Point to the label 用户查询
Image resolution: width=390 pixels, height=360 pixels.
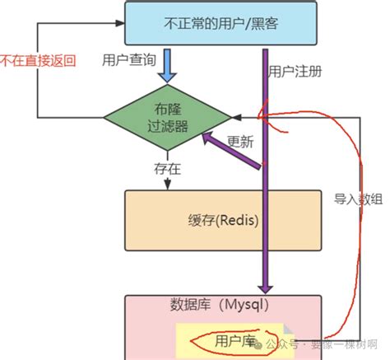click(128, 62)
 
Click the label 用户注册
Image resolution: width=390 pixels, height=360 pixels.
click(295, 71)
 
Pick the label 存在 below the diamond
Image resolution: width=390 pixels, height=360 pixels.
click(165, 169)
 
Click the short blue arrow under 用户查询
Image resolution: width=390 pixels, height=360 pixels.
click(167, 65)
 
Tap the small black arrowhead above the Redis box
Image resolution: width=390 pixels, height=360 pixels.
click(168, 185)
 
